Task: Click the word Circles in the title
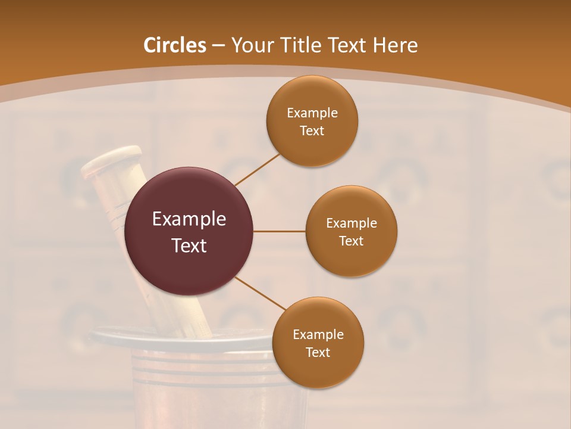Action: tap(174, 45)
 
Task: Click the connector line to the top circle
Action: tap(257, 169)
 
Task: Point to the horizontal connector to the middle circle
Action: tap(280, 231)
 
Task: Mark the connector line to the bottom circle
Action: tap(261, 293)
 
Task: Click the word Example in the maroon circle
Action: tap(189, 219)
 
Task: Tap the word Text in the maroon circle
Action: tap(189, 245)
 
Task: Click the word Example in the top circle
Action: tap(312, 113)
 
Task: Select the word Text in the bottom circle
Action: tap(318, 352)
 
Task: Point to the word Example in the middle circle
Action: tap(351, 223)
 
